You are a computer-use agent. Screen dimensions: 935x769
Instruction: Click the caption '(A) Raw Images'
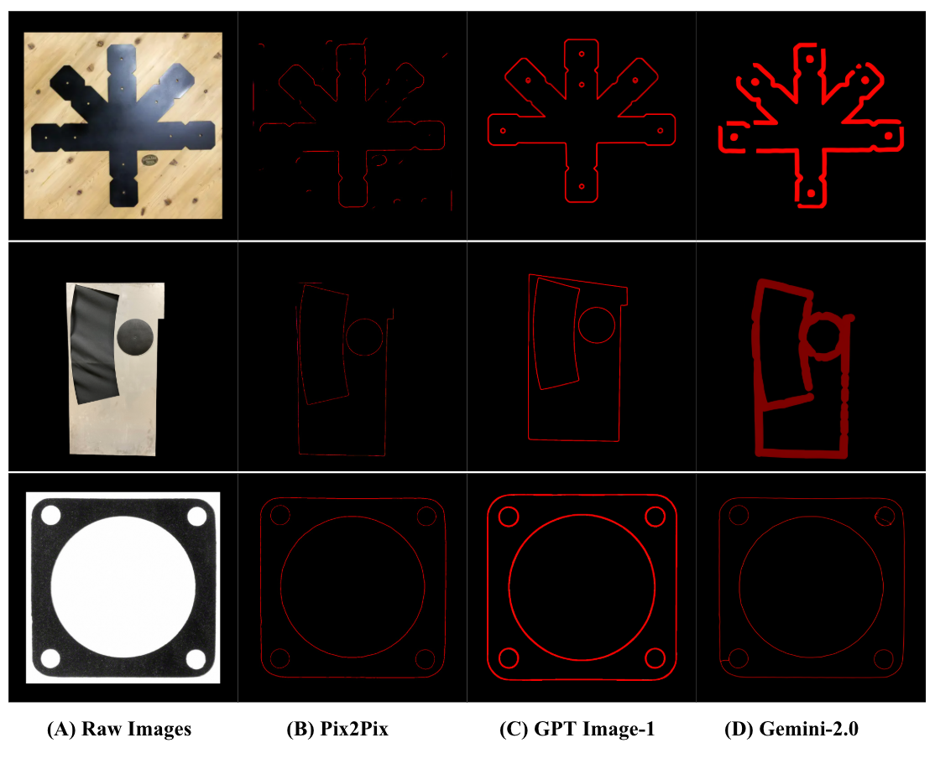click(x=119, y=729)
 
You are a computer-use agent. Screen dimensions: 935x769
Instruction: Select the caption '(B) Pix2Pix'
click(x=337, y=729)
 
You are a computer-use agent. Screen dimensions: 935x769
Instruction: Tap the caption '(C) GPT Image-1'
click(x=577, y=729)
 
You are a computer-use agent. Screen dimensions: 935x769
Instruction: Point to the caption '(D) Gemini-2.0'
click(x=791, y=729)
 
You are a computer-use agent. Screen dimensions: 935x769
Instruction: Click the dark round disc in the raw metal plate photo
click(x=135, y=337)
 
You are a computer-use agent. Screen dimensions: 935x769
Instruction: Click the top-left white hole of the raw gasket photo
click(x=50, y=515)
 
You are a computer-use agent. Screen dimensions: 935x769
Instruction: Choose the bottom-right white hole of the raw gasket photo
click(x=196, y=659)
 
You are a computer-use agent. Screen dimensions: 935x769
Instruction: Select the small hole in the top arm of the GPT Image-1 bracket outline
click(x=582, y=55)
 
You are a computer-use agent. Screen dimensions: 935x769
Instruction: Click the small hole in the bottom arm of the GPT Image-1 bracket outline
click(x=582, y=186)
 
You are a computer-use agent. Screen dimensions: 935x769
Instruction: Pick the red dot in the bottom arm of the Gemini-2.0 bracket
click(x=811, y=194)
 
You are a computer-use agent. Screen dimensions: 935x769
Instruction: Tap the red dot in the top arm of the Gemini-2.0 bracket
click(x=810, y=59)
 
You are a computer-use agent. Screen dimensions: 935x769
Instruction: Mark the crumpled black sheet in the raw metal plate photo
click(x=94, y=346)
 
